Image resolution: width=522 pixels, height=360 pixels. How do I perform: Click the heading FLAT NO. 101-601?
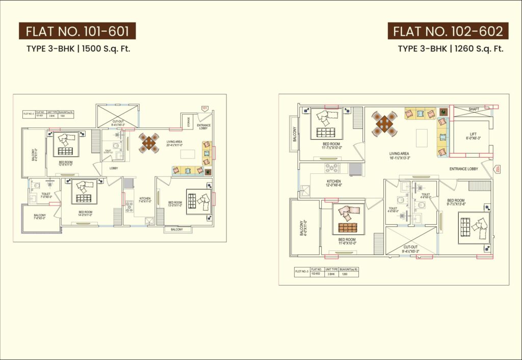coord(77,31)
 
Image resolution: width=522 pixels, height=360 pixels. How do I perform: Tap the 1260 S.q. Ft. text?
coord(478,49)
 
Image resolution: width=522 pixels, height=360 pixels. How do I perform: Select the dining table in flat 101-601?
coord(149,143)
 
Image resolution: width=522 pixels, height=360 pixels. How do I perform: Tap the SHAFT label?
coord(474,109)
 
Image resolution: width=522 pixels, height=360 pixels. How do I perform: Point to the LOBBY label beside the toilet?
coord(113,168)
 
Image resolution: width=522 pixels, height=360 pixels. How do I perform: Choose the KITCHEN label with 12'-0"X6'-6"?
coord(334,184)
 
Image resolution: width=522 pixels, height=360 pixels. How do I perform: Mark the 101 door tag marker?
coord(205,108)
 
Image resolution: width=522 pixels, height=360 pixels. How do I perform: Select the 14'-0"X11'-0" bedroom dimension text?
coord(85,215)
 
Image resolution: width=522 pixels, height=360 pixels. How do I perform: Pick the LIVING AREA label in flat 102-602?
coord(399,155)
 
